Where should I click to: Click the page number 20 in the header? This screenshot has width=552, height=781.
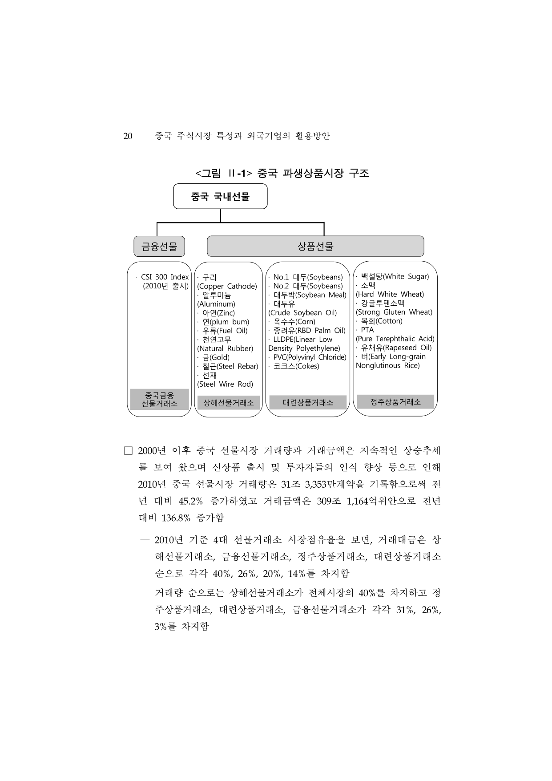(128, 136)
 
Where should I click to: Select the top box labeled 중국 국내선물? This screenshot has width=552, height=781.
(220, 196)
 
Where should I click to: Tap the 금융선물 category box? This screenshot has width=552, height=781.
(159, 246)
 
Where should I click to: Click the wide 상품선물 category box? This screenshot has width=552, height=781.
(315, 246)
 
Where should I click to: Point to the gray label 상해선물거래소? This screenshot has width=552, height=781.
(229, 403)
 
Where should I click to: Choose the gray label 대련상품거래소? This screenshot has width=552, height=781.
(308, 403)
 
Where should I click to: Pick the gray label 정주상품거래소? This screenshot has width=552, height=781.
(395, 402)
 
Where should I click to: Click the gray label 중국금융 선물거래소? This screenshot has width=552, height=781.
(159, 399)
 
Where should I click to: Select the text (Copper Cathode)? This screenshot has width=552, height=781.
(227, 286)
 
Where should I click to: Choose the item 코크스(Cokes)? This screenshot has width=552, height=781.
(296, 366)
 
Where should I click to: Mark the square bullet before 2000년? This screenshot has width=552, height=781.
(129, 451)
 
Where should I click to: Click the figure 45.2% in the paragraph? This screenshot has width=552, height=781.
(190, 501)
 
